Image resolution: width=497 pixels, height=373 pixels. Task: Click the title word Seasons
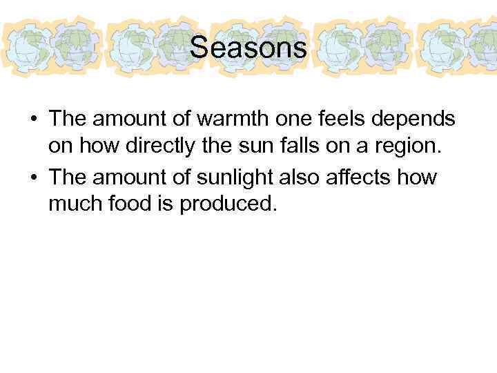click(248, 48)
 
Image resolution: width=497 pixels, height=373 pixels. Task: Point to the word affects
click(370, 177)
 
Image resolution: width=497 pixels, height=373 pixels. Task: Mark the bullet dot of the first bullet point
click(34, 119)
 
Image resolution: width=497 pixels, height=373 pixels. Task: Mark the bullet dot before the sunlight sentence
click(34, 178)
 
